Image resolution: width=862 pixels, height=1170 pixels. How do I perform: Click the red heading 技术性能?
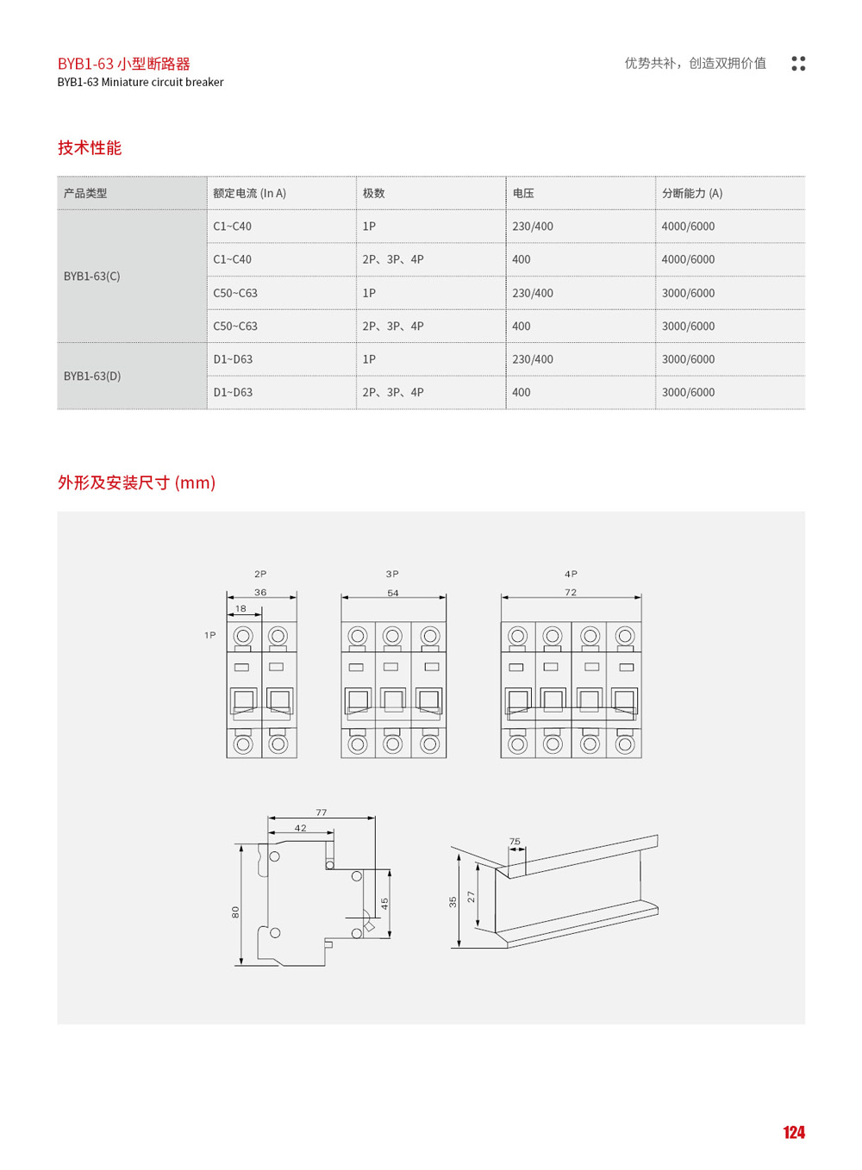click(90, 148)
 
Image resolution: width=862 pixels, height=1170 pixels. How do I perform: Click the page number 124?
click(793, 1132)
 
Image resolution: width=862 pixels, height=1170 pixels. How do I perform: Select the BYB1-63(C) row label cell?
click(92, 277)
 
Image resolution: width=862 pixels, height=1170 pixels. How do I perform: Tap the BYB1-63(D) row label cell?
click(92, 377)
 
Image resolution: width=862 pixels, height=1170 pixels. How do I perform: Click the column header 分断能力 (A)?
click(692, 194)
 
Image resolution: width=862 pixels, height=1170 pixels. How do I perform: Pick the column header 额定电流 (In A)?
click(249, 194)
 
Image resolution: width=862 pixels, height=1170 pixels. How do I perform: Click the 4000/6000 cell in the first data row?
click(688, 227)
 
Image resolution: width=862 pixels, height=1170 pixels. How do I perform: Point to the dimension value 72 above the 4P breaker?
click(571, 592)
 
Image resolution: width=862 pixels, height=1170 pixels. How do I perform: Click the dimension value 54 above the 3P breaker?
click(393, 593)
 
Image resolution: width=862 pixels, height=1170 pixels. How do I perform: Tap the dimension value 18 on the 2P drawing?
click(240, 608)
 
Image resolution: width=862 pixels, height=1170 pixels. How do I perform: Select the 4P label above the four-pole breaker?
click(571, 574)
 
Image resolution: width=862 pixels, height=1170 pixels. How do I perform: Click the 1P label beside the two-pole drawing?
click(209, 635)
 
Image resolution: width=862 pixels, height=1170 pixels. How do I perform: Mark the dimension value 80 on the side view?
click(235, 912)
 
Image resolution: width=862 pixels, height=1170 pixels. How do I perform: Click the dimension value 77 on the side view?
click(322, 812)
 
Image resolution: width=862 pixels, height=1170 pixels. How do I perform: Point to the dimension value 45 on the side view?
click(384, 903)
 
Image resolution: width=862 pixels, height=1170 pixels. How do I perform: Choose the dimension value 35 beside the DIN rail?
click(453, 901)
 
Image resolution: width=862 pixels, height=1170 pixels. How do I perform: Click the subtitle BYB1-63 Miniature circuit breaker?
click(141, 83)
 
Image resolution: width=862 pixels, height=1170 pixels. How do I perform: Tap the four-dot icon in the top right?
click(798, 64)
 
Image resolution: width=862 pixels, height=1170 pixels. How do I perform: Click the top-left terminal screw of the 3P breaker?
click(358, 637)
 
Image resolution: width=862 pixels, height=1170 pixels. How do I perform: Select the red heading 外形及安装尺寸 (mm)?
click(136, 482)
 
